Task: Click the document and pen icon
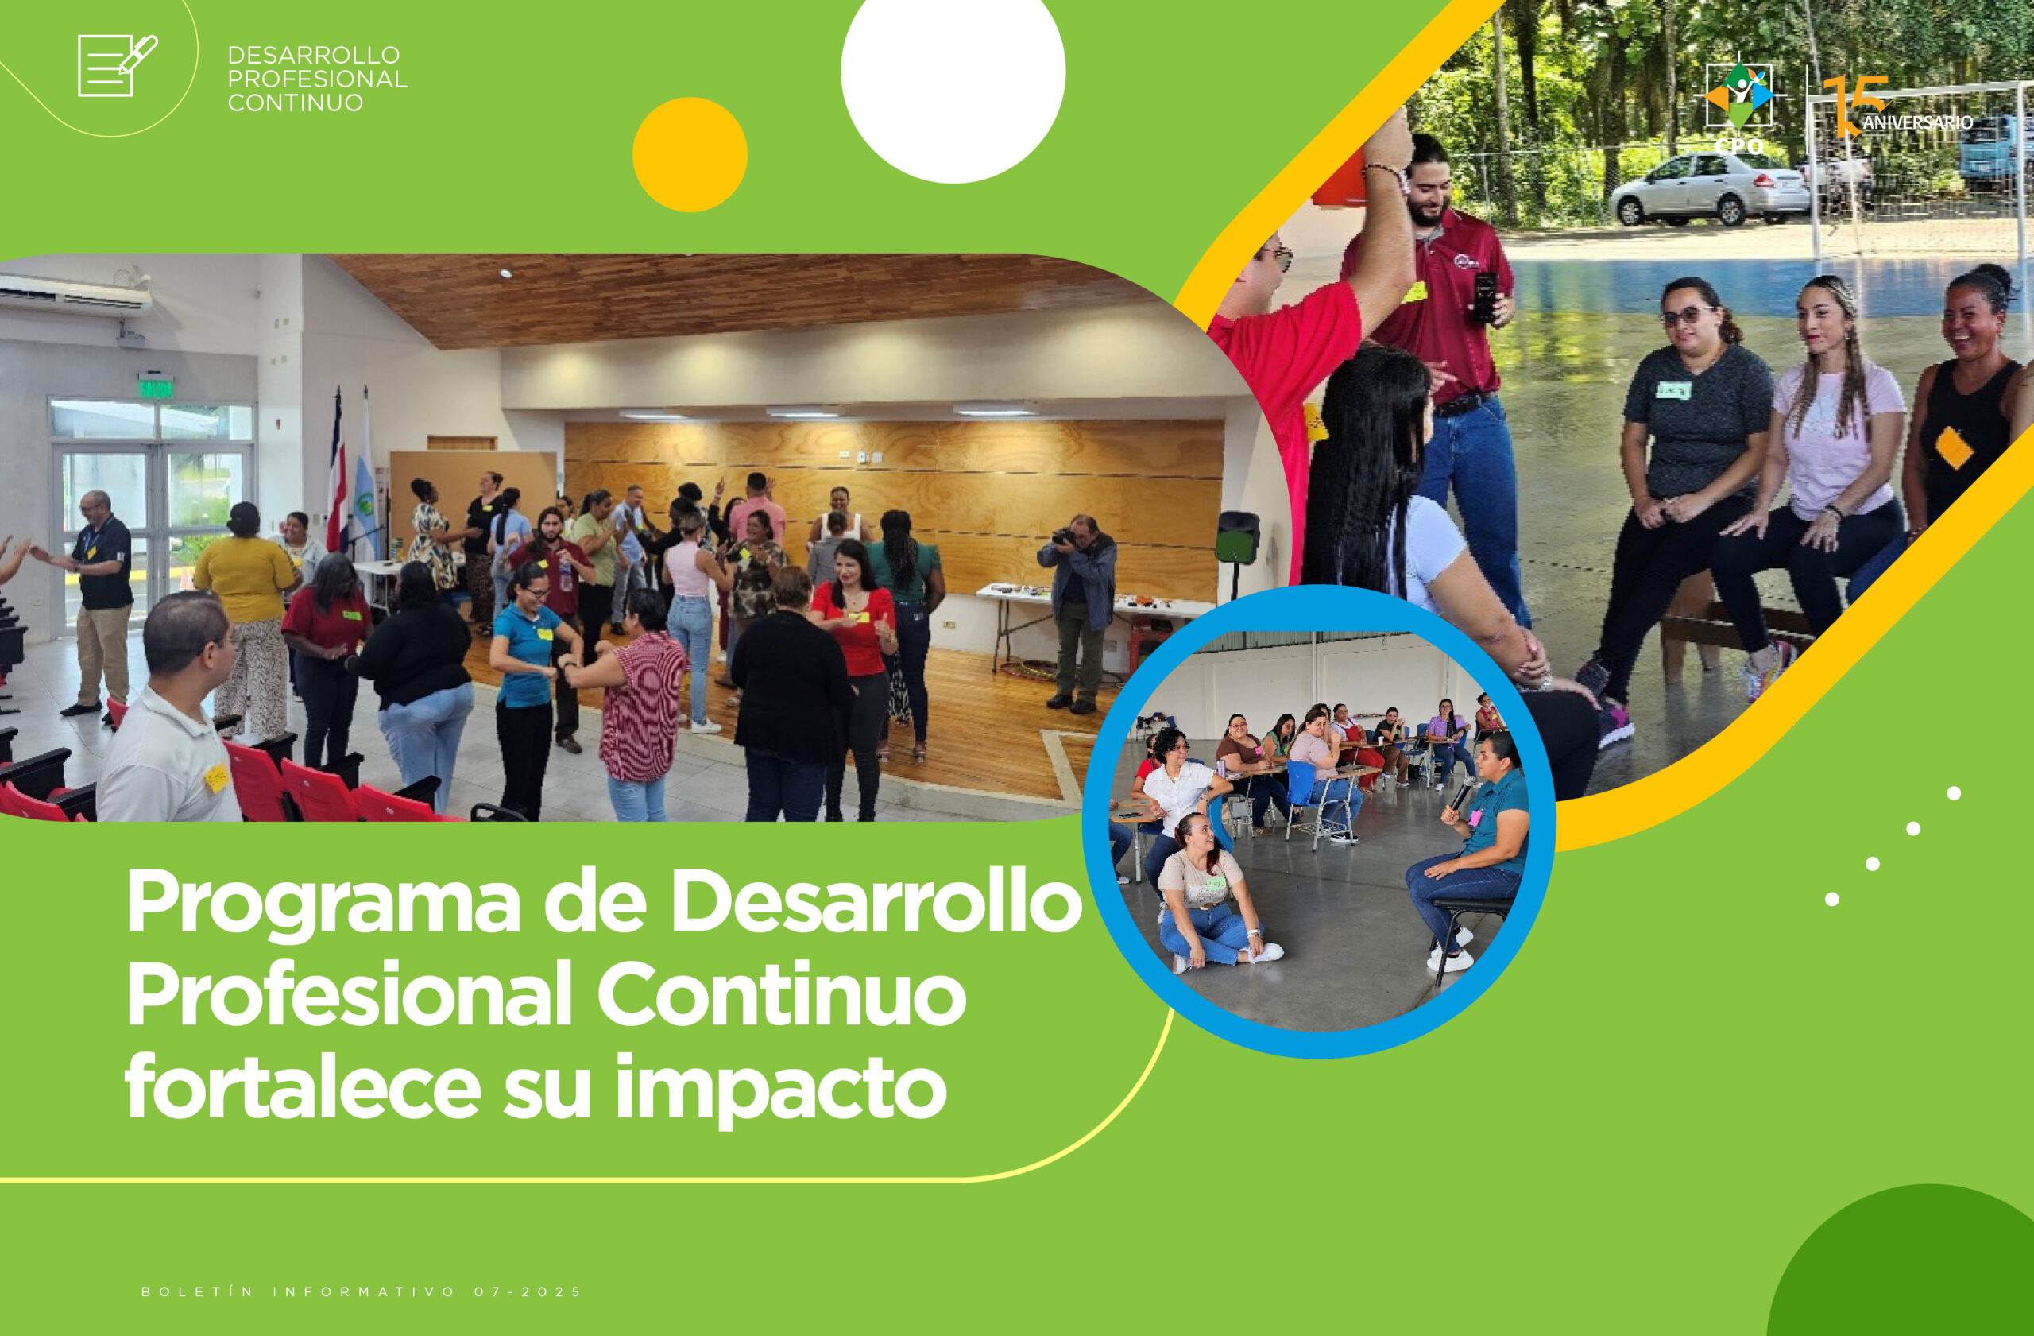click(117, 65)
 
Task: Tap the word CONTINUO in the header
click(296, 103)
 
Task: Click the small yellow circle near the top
click(690, 155)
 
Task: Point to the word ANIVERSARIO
click(1918, 123)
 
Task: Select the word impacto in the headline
click(781, 1089)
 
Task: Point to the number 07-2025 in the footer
click(528, 1291)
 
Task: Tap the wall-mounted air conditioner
click(75, 294)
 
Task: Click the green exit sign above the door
click(156, 388)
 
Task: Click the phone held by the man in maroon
click(1484, 297)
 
